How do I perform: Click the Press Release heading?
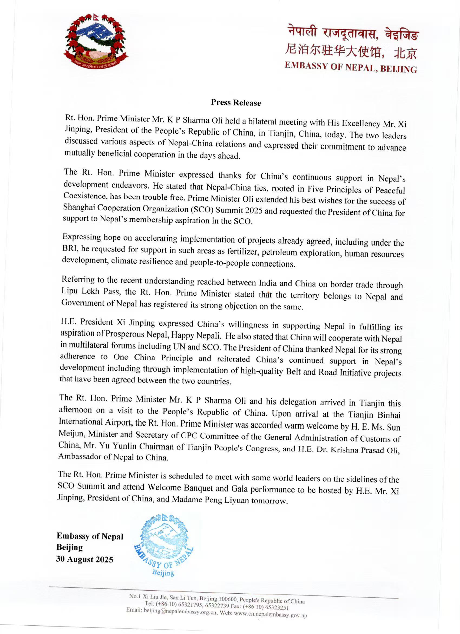(236, 103)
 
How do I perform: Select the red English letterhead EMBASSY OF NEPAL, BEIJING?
(351, 67)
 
